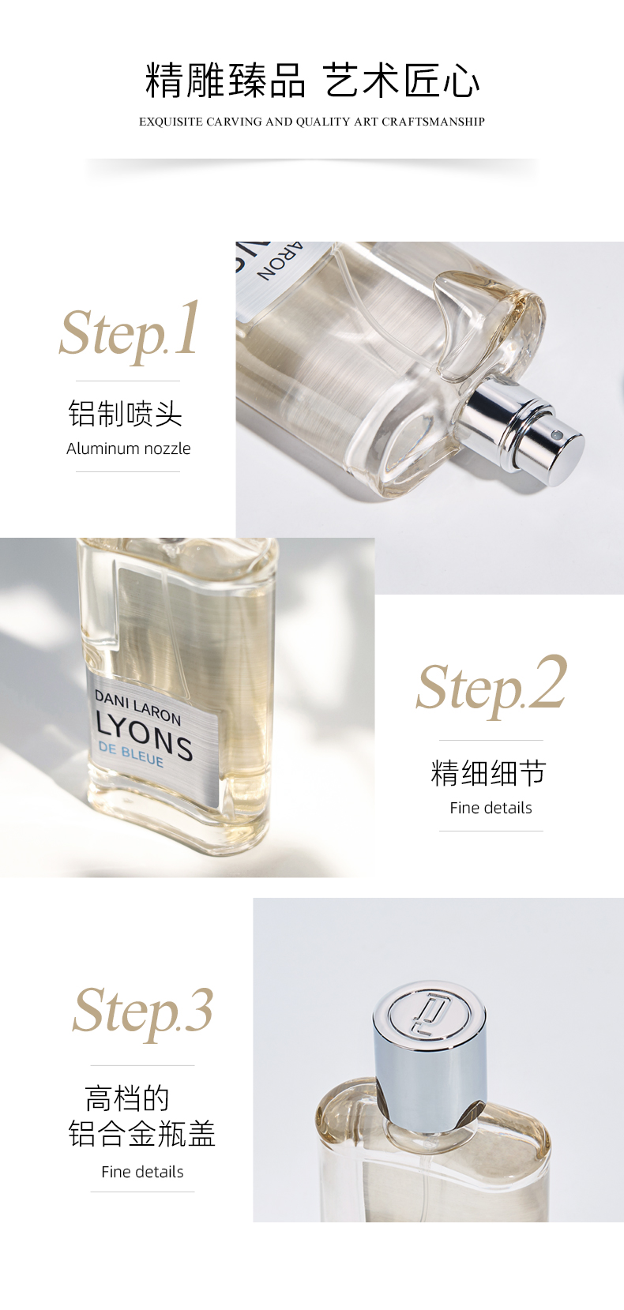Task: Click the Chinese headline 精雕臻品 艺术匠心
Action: (x=312, y=80)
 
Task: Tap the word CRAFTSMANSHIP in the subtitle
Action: (x=434, y=122)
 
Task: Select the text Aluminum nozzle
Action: (x=128, y=449)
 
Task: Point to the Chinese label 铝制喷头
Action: (x=125, y=414)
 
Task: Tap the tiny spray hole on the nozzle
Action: (x=556, y=434)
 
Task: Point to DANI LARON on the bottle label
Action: (x=138, y=707)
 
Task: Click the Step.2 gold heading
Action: (x=491, y=685)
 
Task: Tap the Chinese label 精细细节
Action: (x=489, y=772)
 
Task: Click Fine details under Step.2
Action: (x=491, y=808)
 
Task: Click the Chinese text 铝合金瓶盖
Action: (x=142, y=1134)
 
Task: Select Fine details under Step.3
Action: (x=142, y=1171)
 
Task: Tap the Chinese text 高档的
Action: (x=127, y=1098)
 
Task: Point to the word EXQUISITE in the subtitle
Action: (x=171, y=122)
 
